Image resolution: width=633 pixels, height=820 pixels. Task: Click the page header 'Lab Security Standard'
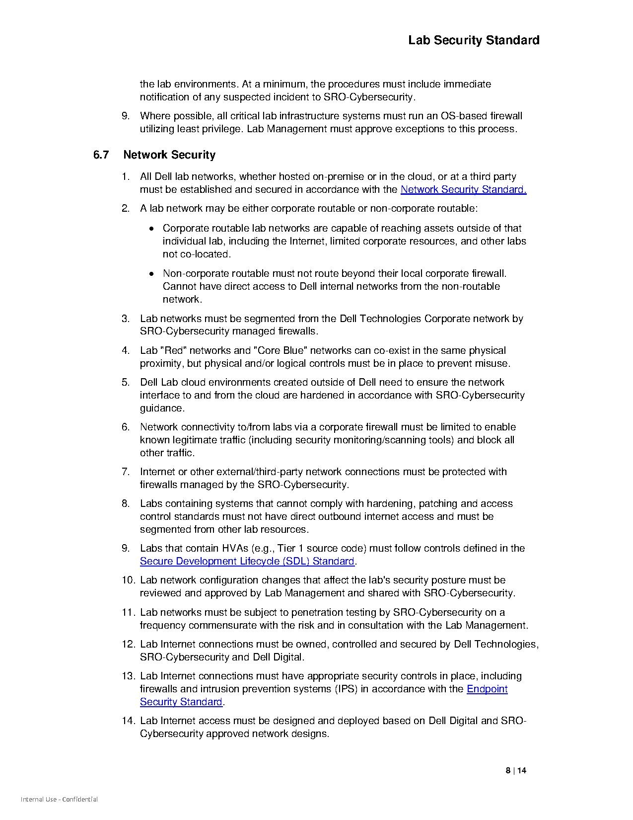pyautogui.click(x=474, y=40)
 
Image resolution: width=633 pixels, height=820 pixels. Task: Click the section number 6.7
pyautogui.click(x=101, y=155)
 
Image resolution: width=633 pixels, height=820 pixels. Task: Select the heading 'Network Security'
pyautogui.click(x=169, y=155)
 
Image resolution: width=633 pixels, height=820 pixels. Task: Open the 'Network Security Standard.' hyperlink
pyautogui.click(x=463, y=189)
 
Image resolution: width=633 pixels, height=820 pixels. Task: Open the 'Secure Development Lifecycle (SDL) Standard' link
pyautogui.click(x=247, y=561)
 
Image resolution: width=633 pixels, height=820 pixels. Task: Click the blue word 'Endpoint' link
pyautogui.click(x=487, y=689)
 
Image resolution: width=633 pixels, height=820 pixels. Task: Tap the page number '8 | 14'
pyautogui.click(x=516, y=771)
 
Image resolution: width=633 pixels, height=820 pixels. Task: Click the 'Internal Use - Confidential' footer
pyautogui.click(x=59, y=800)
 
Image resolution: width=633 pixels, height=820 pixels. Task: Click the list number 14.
pyautogui.click(x=128, y=721)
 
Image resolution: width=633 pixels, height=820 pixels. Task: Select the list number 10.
pyautogui.click(x=128, y=580)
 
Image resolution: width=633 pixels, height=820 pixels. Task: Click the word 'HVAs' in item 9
pyautogui.click(x=235, y=548)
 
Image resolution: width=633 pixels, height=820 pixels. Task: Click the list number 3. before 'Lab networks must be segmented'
pyautogui.click(x=126, y=319)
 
